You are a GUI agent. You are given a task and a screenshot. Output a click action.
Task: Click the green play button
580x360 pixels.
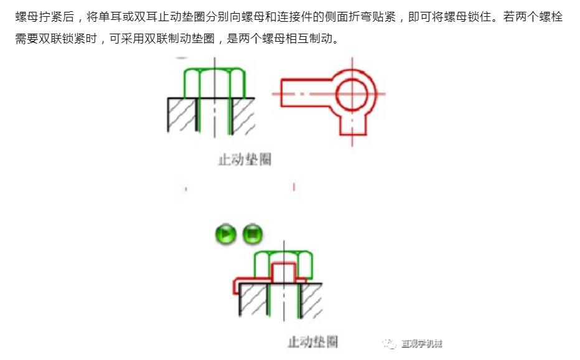coord(226,234)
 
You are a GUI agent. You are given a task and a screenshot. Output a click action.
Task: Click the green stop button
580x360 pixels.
coord(253,234)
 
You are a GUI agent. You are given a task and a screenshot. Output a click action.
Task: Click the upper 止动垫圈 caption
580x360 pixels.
coord(245,159)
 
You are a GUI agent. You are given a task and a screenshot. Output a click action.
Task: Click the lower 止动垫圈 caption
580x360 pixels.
coord(313,341)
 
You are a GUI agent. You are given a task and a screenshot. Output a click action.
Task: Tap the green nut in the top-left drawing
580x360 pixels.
coord(215,83)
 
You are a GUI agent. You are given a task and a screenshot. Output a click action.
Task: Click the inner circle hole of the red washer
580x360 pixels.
coord(352,94)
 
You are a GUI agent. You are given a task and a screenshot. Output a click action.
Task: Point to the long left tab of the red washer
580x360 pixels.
coord(306,93)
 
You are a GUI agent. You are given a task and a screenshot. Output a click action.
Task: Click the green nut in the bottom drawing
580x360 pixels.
coord(283,265)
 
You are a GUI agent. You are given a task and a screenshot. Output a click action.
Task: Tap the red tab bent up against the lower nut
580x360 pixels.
coord(284,272)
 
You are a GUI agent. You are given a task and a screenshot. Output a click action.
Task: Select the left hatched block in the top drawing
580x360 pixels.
coord(181,115)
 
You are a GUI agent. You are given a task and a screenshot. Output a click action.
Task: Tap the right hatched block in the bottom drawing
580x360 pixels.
coord(311,301)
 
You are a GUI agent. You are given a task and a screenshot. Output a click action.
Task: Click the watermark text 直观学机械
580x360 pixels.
coord(422,344)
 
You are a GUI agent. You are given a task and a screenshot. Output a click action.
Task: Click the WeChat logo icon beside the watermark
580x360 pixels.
coord(389,344)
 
